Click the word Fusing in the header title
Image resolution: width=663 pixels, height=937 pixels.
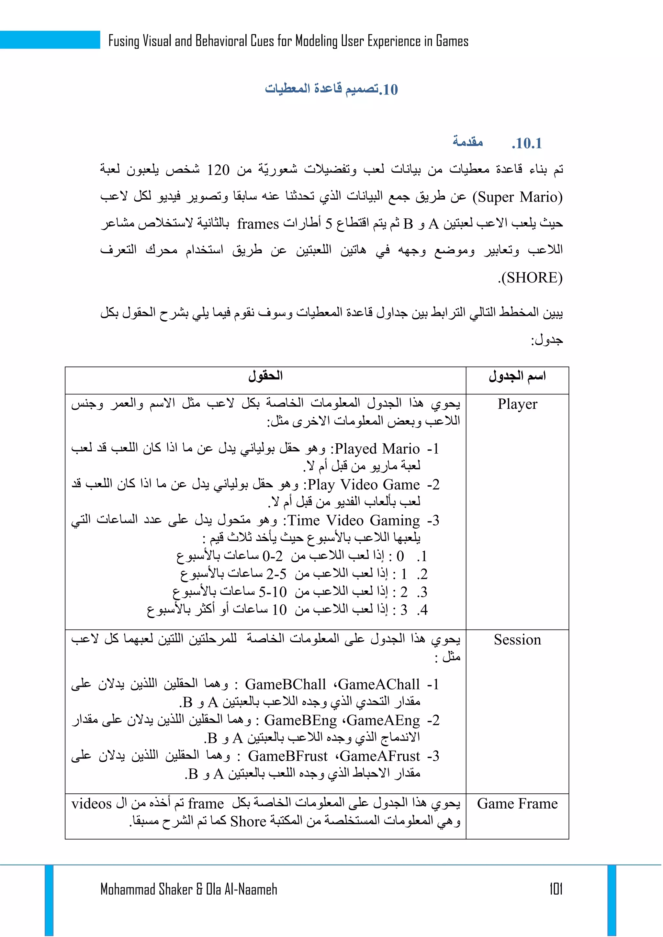(x=124, y=41)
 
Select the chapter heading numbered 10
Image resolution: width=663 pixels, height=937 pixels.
(x=331, y=89)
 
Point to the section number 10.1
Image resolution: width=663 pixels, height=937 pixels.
(x=527, y=143)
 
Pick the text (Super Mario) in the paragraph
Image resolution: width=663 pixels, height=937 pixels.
(x=518, y=197)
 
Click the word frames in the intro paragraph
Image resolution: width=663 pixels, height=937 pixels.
(x=258, y=224)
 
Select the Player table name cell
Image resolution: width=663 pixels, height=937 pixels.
(x=517, y=404)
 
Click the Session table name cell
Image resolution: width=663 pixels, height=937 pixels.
(x=517, y=639)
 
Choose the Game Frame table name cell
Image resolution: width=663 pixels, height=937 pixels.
(x=517, y=804)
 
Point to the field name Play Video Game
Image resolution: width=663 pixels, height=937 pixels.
(x=363, y=484)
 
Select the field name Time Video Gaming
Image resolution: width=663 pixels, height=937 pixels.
(x=354, y=520)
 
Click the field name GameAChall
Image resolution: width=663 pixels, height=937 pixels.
(x=379, y=684)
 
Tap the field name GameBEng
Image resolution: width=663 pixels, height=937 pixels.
(x=300, y=720)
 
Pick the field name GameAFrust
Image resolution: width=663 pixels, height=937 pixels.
(x=380, y=756)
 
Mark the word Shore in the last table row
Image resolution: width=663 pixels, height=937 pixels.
(x=248, y=821)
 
